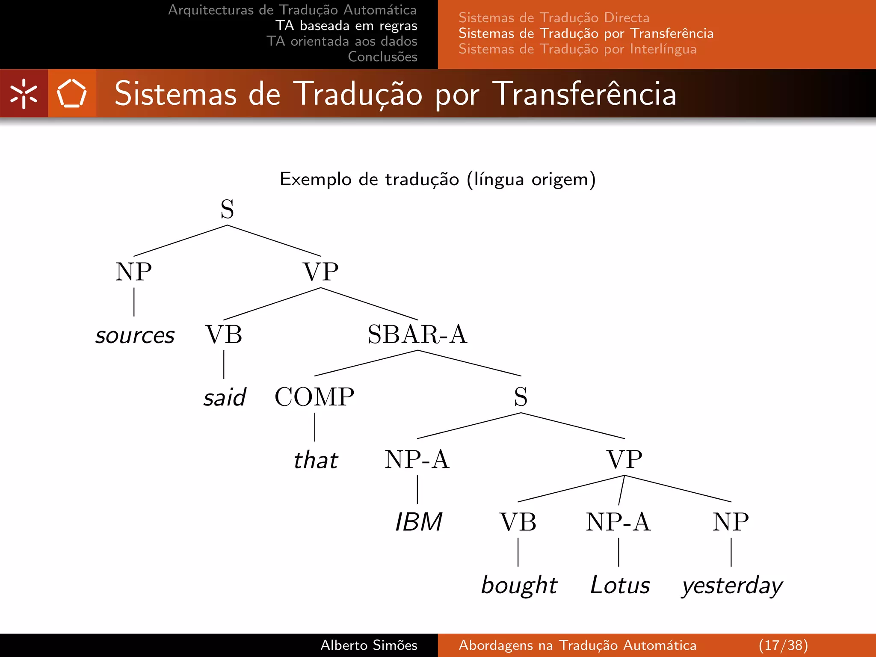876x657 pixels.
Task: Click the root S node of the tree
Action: pyautogui.click(x=227, y=209)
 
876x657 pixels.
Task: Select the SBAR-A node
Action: pyautogui.click(x=417, y=334)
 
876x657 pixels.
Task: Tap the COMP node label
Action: pyautogui.click(x=314, y=397)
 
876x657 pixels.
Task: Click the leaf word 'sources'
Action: pyautogui.click(x=135, y=335)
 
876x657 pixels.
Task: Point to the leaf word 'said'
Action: pyautogui.click(x=225, y=397)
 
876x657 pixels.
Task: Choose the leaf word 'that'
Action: pyautogui.click(x=316, y=460)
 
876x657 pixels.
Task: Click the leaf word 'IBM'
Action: pyautogui.click(x=418, y=522)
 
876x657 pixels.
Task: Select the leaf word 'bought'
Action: pyautogui.click(x=519, y=585)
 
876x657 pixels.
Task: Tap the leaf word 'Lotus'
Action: pyautogui.click(x=620, y=585)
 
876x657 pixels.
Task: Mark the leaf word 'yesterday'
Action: pyautogui.click(x=732, y=586)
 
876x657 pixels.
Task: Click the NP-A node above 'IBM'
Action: pyautogui.click(x=417, y=459)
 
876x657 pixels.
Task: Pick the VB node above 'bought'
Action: pyautogui.click(x=518, y=522)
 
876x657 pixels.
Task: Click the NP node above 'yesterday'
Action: pyautogui.click(x=731, y=522)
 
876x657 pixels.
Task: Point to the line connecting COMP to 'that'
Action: pyautogui.click(x=315, y=427)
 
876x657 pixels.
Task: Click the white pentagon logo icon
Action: pyautogui.click(x=72, y=93)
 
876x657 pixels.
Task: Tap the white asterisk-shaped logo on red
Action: pyautogui.click(x=24, y=93)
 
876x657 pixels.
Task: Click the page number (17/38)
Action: pyautogui.click(x=783, y=645)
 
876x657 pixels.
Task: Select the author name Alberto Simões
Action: pyautogui.click(x=369, y=645)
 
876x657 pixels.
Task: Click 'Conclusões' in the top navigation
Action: pyautogui.click(x=382, y=56)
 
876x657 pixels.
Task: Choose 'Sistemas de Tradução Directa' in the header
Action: pyautogui.click(x=554, y=18)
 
